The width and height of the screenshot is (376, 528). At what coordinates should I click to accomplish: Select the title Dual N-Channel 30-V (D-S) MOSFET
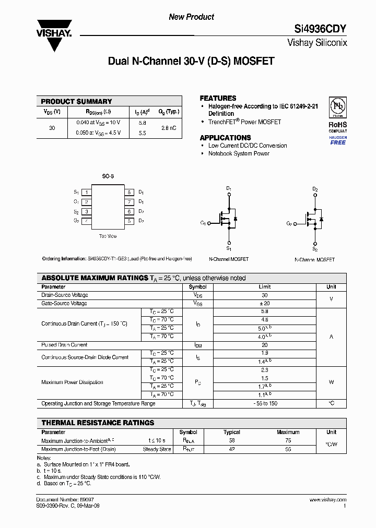click(x=191, y=61)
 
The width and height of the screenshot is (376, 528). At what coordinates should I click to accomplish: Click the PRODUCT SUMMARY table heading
click(x=76, y=101)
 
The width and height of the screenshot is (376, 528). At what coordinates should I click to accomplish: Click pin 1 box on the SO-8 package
click(x=87, y=192)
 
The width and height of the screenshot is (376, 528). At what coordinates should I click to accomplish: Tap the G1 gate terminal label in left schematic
click(x=203, y=223)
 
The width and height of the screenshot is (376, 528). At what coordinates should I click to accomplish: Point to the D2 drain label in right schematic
click(x=315, y=189)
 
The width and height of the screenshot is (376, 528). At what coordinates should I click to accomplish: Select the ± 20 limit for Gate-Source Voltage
click(x=264, y=303)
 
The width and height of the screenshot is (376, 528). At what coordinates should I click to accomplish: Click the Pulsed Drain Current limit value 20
click(x=264, y=345)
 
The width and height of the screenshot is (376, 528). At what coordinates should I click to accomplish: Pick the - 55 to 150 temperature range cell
click(x=264, y=403)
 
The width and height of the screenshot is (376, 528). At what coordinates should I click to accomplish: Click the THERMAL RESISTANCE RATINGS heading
click(x=98, y=423)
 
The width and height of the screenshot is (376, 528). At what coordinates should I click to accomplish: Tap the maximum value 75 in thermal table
click(x=288, y=440)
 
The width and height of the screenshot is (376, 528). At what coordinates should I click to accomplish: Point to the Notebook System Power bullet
click(x=239, y=153)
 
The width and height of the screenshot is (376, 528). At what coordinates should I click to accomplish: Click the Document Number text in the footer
click(x=65, y=500)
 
